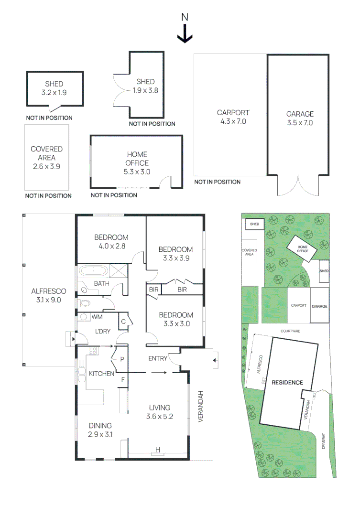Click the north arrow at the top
[185, 34]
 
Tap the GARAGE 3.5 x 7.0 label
[300, 118]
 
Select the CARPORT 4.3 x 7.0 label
[233, 117]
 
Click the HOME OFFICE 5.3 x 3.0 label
[137, 163]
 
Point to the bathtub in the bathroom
[93, 271]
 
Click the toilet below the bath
[85, 302]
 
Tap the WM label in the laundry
[97, 316]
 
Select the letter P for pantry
[122, 358]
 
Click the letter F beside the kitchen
[123, 380]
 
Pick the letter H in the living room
[157, 450]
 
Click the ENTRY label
[158, 358]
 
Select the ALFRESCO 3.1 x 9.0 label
[48, 295]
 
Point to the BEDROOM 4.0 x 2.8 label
[111, 241]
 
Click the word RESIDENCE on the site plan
[287, 382]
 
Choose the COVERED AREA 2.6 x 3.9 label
[46, 158]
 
